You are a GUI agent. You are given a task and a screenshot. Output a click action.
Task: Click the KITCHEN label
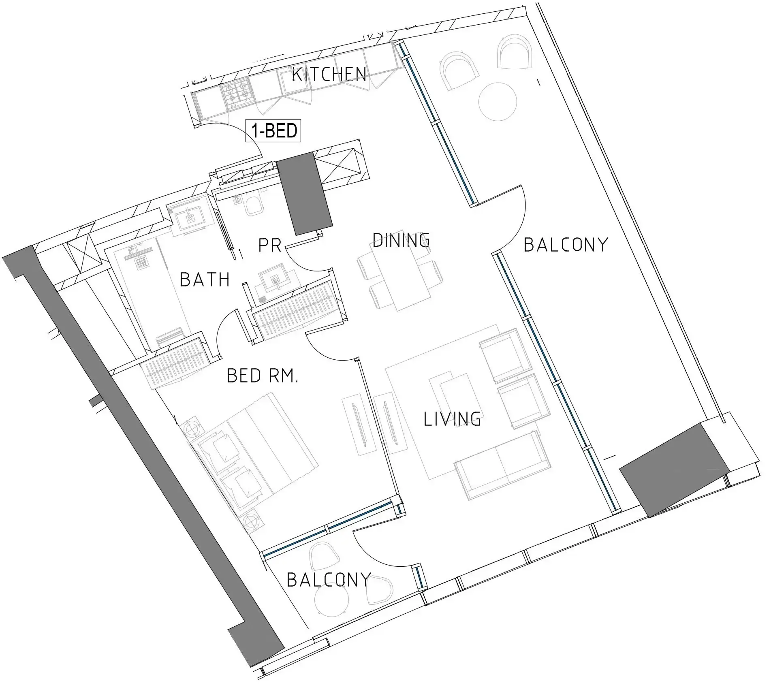[x=329, y=75]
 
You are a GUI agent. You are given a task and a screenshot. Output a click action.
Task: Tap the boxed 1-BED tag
[x=274, y=131]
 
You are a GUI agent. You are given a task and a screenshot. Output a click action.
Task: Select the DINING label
[x=401, y=240]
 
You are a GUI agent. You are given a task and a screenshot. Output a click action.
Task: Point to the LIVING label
[x=452, y=418]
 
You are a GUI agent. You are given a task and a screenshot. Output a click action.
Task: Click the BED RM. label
[x=262, y=376]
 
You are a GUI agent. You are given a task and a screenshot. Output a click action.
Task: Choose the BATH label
[x=205, y=280]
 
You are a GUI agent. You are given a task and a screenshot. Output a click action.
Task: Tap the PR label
[x=270, y=245]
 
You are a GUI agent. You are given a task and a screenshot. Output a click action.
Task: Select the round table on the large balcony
[x=498, y=101]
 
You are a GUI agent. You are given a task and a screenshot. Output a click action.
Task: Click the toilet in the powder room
[x=254, y=204]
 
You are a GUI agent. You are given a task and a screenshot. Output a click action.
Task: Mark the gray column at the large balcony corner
[x=675, y=470]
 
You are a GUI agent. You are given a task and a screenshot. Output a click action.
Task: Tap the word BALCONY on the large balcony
[x=566, y=245]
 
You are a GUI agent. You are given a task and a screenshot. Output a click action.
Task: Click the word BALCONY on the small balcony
[x=329, y=580]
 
